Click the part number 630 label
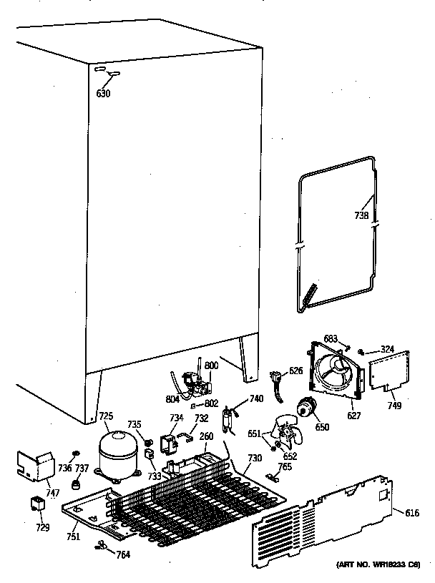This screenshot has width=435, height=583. pos(104,93)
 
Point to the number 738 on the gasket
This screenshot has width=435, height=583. pos(363,215)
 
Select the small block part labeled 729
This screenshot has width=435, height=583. pos(36,505)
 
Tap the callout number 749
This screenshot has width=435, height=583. pos(394,406)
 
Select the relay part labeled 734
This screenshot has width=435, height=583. pos(172,443)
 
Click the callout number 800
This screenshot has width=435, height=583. pos(211,366)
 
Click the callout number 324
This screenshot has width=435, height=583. pos(386,350)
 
